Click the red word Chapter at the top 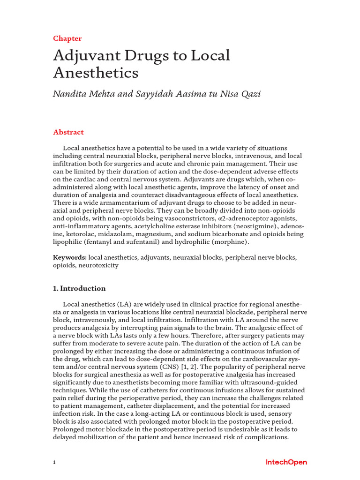67,38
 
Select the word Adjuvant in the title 83,56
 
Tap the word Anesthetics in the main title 96,73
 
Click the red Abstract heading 68,132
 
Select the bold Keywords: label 70,258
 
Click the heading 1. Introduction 79,288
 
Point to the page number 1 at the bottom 54,463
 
